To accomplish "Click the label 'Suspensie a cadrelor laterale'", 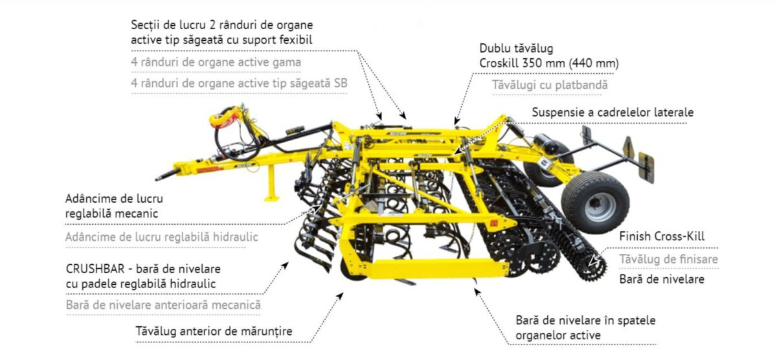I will [x=613, y=112].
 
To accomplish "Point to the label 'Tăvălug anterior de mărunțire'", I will [x=214, y=331].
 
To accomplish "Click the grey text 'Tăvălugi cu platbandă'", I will [x=550, y=85].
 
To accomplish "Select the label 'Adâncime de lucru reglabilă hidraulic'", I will [x=161, y=236].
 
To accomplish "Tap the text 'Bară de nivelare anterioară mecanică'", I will [x=163, y=304].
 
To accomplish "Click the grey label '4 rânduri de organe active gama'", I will [x=216, y=62].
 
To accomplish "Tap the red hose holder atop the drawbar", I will [x=227, y=117].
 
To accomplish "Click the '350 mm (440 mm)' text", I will [x=572, y=63].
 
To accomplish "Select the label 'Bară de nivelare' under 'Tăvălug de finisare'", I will [x=662, y=279].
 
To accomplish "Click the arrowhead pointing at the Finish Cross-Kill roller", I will [x=590, y=264].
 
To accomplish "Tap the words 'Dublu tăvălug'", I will [x=516, y=49].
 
